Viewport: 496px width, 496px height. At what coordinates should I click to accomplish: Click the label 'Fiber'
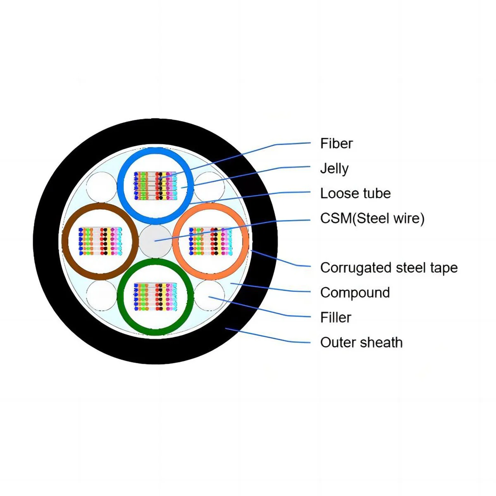(x=336, y=143)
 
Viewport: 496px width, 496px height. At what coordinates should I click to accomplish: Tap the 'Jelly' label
(x=334, y=169)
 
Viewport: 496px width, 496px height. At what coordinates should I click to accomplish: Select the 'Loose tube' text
(x=355, y=193)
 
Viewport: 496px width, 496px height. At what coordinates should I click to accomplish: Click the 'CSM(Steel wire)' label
(x=372, y=218)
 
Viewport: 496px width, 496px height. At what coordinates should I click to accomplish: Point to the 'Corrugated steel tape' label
(x=389, y=268)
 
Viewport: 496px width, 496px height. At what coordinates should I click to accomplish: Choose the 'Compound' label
(x=355, y=293)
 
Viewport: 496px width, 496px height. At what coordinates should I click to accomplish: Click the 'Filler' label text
(x=335, y=317)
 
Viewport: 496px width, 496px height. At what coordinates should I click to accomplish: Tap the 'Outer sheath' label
(x=361, y=342)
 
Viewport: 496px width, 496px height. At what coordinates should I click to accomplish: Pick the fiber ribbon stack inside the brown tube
(x=100, y=241)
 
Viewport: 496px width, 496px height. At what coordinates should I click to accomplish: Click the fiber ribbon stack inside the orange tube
(x=210, y=241)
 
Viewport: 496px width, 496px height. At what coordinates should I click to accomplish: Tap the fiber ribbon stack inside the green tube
(x=155, y=297)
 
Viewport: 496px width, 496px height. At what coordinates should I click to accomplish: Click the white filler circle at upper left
(x=102, y=187)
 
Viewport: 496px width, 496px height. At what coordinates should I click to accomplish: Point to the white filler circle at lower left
(x=102, y=295)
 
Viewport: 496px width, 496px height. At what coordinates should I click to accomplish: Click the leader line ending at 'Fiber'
(x=248, y=153)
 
